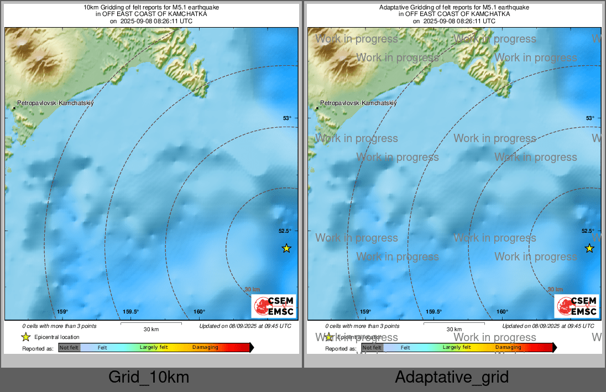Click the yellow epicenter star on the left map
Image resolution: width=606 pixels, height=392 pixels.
286,248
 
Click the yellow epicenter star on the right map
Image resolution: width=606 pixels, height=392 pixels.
589,248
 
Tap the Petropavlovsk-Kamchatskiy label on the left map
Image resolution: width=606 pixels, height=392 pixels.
56,103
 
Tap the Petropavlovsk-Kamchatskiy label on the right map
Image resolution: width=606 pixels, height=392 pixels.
359,103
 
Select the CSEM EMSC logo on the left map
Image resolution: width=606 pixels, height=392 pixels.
274,306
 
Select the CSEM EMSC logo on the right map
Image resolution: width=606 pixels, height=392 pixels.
577,306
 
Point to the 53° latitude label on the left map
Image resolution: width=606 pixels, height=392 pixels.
287,118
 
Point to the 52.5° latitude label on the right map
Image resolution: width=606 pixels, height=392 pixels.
588,231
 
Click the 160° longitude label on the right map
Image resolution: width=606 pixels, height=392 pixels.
502,312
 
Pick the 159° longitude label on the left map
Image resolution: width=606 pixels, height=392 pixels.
62,312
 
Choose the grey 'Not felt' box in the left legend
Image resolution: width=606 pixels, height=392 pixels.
70,348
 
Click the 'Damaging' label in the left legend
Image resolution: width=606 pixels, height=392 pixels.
205,348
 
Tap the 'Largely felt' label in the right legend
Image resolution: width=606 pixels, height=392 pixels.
456,348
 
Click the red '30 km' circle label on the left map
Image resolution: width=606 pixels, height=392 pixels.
253,289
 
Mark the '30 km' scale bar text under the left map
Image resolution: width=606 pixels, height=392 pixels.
151,330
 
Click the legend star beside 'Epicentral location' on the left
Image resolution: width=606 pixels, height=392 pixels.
25,337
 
